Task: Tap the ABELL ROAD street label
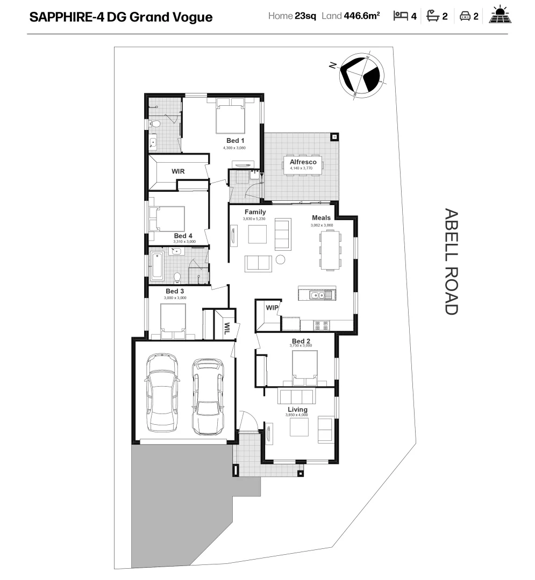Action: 451,262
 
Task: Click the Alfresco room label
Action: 303,162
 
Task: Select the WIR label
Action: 178,171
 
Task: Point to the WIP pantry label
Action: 272,308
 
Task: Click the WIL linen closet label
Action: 227,327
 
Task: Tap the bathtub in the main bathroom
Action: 157,265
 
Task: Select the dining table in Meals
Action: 330,249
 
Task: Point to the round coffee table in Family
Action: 280,260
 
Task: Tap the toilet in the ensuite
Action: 154,124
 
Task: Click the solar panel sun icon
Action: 500,16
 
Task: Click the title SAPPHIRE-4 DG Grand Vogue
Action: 121,17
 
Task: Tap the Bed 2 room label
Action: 301,341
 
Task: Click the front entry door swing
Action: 248,421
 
